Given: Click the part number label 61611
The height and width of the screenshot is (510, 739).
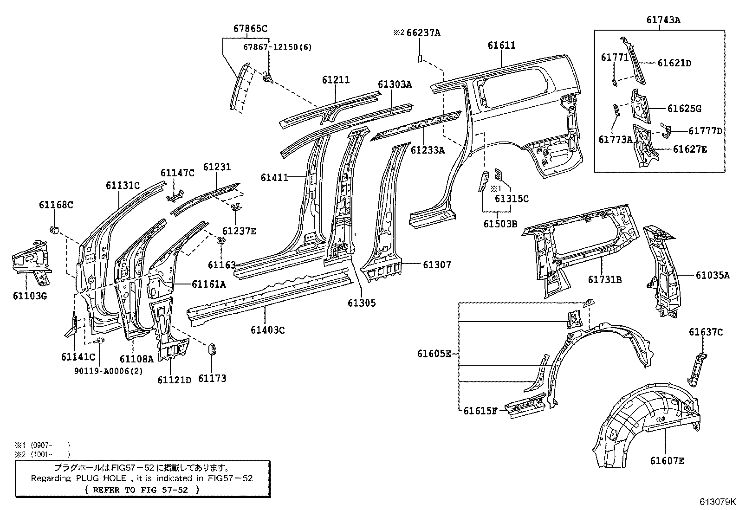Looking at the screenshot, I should [501, 45].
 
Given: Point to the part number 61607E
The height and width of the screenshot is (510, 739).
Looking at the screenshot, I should [667, 460].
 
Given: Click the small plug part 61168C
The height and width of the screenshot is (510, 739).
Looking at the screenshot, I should [54, 229].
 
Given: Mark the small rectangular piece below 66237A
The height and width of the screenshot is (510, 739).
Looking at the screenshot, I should [419, 58].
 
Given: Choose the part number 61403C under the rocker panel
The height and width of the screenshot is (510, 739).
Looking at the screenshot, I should [267, 330].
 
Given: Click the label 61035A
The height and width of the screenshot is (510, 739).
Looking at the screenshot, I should [713, 275].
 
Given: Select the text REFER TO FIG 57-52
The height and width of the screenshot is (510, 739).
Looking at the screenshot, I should [143, 490].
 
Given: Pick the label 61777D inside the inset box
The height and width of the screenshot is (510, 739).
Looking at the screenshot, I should [705, 131].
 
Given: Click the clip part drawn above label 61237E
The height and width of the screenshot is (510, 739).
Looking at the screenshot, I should [236, 207].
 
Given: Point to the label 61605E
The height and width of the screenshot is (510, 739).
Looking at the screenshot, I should [434, 354].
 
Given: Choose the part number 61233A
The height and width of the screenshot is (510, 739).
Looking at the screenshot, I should [428, 150].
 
